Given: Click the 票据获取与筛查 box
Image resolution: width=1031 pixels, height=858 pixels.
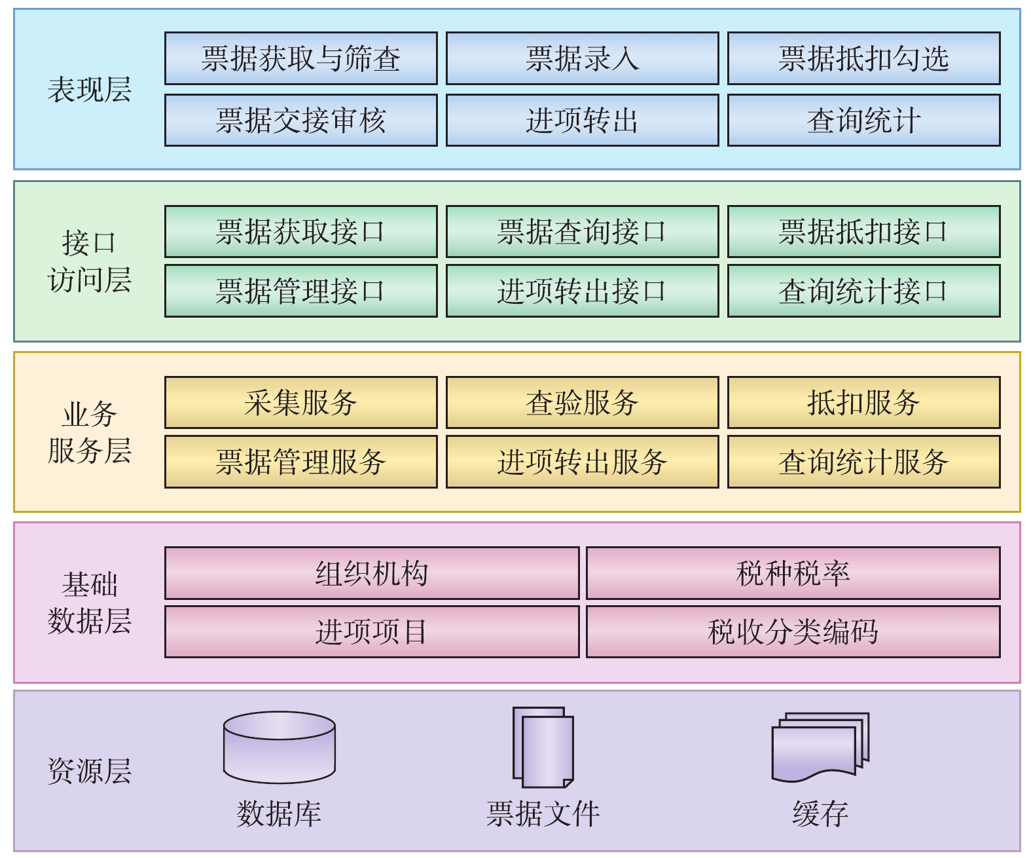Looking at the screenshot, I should tap(300, 58).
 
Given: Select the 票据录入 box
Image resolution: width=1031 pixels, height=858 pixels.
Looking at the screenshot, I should tap(582, 58).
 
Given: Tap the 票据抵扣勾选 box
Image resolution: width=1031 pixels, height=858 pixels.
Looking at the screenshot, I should tap(863, 58).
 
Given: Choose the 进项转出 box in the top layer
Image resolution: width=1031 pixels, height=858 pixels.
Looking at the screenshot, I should tap(582, 120).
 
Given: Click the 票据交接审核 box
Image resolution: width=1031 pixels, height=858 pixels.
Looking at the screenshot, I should tap(300, 120).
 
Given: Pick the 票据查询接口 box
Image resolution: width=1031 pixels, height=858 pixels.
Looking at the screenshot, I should tap(582, 231).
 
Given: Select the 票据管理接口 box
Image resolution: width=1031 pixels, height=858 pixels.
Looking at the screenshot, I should tap(300, 291).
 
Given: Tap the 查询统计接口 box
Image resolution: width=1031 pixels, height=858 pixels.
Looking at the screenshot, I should tap(863, 291).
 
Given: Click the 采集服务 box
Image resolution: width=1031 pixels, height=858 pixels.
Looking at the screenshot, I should tap(300, 402).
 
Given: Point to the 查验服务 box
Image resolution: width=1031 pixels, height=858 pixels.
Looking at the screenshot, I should tap(582, 402).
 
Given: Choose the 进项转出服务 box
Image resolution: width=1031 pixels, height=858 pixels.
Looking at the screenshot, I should tap(582, 462).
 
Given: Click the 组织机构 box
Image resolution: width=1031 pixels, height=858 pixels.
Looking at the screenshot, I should tap(372, 573).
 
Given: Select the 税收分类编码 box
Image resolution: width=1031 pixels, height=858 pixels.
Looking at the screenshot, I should tap(793, 631).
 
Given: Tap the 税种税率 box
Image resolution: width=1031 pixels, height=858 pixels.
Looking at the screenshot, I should tap(793, 573).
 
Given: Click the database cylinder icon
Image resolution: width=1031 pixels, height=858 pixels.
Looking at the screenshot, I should tap(280, 747).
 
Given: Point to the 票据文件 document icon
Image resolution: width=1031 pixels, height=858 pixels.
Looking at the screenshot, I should tap(543, 747).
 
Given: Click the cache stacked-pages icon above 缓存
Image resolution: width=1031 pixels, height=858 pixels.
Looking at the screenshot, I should tap(820, 747).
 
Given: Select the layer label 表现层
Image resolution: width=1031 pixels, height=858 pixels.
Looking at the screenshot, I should tap(90, 90).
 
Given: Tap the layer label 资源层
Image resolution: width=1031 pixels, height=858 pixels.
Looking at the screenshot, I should tap(90, 771).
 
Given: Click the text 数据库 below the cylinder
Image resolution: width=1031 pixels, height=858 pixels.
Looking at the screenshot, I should tap(280, 813).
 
